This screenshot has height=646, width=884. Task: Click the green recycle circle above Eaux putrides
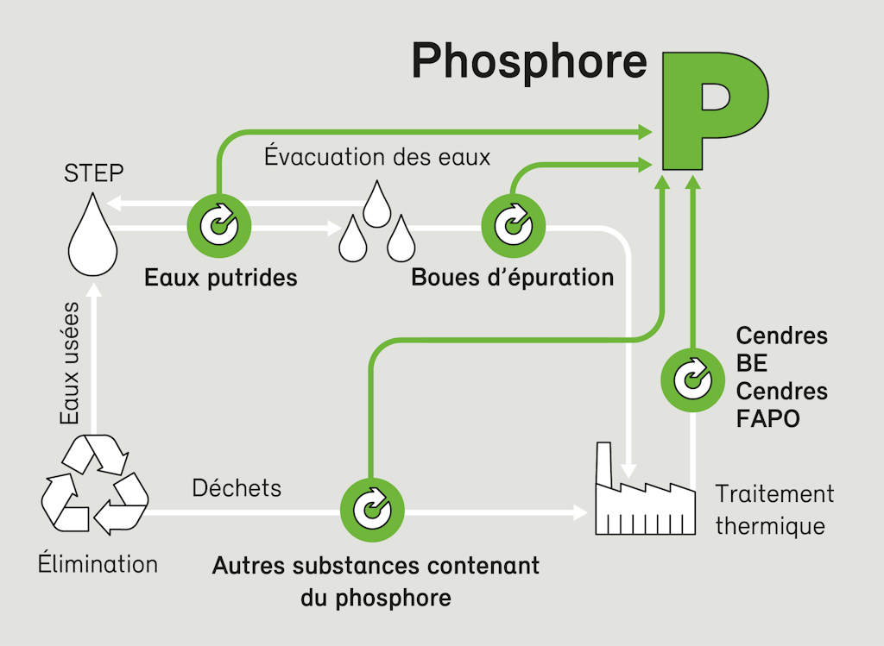(x=219, y=227)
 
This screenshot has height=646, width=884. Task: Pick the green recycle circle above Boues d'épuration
(x=512, y=227)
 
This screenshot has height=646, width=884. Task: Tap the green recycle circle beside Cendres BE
(x=692, y=377)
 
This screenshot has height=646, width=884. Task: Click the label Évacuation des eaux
(x=377, y=158)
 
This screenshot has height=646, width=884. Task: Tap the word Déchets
(x=237, y=488)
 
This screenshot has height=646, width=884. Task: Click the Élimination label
(x=98, y=565)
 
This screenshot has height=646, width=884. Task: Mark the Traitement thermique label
(x=774, y=510)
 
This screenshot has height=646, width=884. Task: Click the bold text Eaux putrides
(x=221, y=279)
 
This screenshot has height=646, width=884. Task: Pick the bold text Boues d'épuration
(x=513, y=279)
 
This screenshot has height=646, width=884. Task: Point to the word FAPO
(x=768, y=419)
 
